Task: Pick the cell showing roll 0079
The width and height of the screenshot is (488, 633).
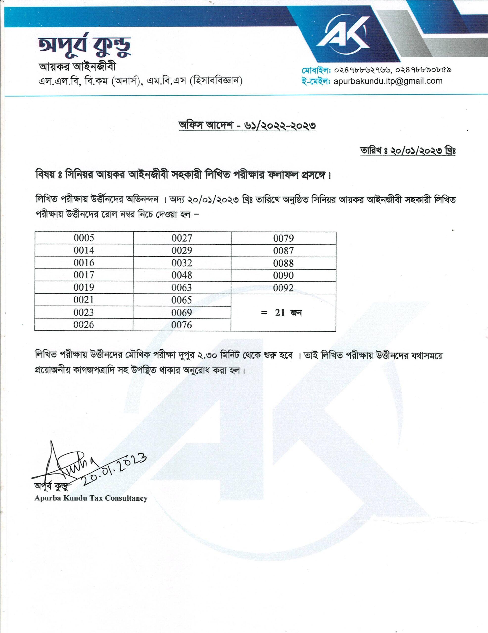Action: (x=283, y=238)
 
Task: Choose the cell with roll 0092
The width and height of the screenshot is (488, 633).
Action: (x=283, y=288)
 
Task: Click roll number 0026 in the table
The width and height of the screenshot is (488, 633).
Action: (x=84, y=324)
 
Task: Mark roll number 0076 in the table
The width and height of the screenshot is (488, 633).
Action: (x=182, y=325)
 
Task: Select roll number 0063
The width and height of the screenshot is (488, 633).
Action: (x=182, y=287)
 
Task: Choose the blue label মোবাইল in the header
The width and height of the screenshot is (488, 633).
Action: (x=316, y=70)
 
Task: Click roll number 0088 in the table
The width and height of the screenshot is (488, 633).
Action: (x=283, y=263)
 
